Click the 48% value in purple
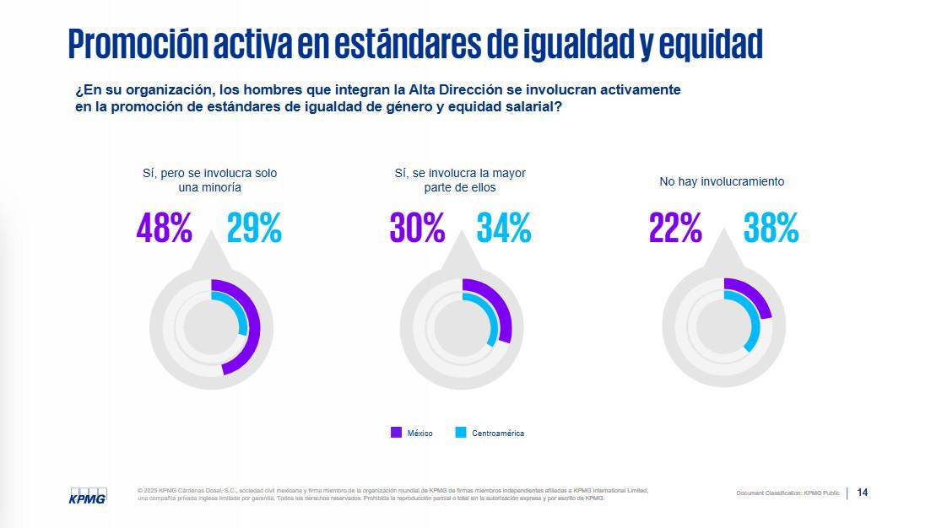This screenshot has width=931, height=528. coord(164,228)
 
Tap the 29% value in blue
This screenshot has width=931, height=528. coord(254,228)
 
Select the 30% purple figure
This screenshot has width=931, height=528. coord(417,228)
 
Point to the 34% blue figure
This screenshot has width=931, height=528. coord(504,228)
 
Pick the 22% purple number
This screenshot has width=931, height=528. coord(675,228)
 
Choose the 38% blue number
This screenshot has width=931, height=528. coord(771,228)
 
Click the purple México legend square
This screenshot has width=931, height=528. coord(396,433)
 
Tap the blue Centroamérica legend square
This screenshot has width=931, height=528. coord(460,433)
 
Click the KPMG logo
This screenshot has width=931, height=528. coord(88,496)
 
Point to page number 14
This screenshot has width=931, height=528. coord(862,493)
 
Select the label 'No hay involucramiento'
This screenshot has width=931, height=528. coord(722,181)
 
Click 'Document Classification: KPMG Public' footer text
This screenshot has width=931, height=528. coord(788,493)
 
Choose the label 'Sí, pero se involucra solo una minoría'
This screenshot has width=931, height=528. coord(210,180)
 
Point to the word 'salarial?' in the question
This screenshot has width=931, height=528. coord(533,107)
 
